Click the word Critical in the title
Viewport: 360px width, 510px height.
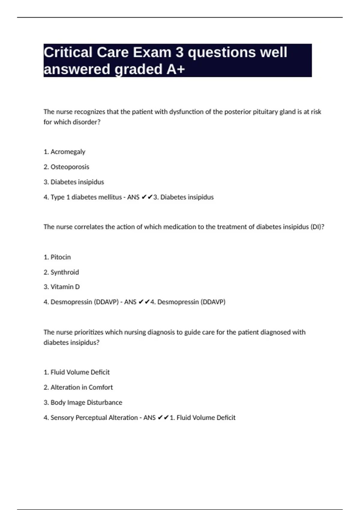coord(68,52)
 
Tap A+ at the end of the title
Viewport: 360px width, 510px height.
coord(176,69)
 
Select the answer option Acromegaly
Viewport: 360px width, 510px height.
coord(68,152)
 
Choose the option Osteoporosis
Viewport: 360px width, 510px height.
coord(70,167)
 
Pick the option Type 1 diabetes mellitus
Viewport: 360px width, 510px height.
coord(86,197)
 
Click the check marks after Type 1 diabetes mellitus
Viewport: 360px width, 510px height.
coord(147,197)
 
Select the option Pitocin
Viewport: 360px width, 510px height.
coord(61,257)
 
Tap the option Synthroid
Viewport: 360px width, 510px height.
coord(64,272)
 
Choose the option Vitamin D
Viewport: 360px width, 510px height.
coord(65,287)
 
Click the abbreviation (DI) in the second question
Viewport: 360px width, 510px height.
coord(317,227)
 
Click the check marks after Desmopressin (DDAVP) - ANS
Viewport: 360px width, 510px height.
coord(144,302)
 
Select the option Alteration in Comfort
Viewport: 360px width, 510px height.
coord(82,387)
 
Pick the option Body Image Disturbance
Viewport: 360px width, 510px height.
coord(86,402)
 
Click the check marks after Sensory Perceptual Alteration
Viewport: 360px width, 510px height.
coord(163,418)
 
